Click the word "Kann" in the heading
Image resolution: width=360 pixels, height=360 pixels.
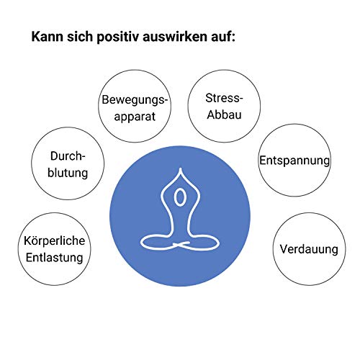tap(48, 37)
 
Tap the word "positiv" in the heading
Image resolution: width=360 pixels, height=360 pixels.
tap(118, 37)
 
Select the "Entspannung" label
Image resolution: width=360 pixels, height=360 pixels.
tap(294, 161)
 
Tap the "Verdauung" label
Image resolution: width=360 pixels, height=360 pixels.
tap(309, 249)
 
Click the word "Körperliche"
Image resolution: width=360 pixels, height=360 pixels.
tap(55, 240)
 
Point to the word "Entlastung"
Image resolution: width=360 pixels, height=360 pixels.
tap(55, 258)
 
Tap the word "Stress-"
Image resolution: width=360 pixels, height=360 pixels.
tap(224, 98)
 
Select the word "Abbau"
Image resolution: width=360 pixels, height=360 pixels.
tap(224, 114)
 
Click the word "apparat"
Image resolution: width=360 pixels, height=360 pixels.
tap(135, 117)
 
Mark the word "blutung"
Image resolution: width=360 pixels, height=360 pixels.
tap(68, 173)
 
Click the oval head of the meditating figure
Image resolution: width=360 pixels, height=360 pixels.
tap(180, 197)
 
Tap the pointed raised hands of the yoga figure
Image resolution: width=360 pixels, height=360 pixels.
tap(181, 171)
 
